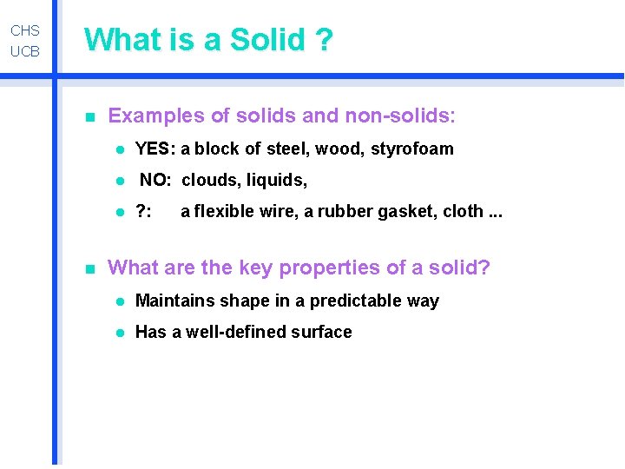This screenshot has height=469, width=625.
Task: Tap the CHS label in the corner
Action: click(25, 31)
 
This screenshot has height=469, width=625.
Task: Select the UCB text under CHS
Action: click(25, 51)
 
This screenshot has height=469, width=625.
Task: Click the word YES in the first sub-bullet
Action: click(155, 149)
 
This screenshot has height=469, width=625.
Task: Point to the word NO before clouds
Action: click(156, 181)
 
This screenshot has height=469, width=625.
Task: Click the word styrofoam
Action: click(412, 149)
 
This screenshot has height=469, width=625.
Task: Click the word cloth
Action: click(463, 212)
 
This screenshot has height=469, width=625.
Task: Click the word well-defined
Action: click(230, 332)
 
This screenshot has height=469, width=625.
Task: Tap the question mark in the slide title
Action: click(325, 40)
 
